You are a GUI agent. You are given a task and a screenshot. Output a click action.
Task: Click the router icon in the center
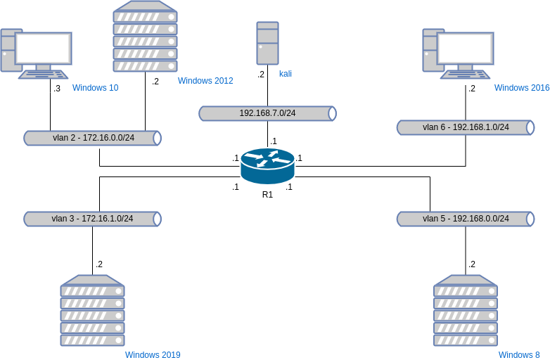tap(267, 166)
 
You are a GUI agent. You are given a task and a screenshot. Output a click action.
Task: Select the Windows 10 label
tap(95, 88)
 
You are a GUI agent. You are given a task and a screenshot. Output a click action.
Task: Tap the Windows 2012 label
tap(205, 81)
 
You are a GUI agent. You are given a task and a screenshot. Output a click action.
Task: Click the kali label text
tap(286, 73)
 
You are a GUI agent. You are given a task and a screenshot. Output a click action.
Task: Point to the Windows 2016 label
tap(522, 88)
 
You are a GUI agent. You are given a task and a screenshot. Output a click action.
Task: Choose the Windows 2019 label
tap(153, 355)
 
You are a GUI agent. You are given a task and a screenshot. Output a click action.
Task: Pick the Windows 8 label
tap(519, 355)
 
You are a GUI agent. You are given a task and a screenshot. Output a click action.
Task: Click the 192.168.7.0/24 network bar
tap(267, 113)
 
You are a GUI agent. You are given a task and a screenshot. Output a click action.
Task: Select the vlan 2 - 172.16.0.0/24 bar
tap(93, 138)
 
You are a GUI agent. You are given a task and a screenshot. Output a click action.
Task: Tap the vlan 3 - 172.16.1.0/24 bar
tap(93, 219)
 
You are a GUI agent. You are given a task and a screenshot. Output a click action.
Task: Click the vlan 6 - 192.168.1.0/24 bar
tap(466, 127)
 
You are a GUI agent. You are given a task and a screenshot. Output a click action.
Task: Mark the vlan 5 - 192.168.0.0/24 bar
tap(466, 219)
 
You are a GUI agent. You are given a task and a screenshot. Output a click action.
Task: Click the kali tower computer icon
tap(267, 43)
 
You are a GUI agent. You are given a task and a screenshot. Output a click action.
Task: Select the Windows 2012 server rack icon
tap(145, 36)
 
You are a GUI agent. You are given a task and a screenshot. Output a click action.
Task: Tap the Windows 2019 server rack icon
tap(92, 310)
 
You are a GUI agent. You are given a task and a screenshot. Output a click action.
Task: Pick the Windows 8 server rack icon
tap(466, 310)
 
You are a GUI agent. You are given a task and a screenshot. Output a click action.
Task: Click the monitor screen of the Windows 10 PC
tap(44, 48)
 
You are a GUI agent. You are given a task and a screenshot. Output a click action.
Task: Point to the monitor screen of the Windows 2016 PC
tap(466, 48)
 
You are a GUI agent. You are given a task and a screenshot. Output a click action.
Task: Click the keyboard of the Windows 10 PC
tap(44, 74)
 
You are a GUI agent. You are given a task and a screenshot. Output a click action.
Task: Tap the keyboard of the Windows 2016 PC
tap(466, 74)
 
